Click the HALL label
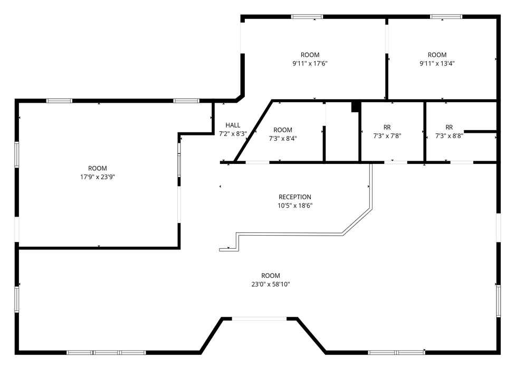point(233,125)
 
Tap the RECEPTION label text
point(295,197)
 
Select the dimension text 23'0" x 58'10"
point(271,284)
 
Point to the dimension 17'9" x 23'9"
point(98,177)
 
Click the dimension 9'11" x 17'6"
point(310,63)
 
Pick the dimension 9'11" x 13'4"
point(437,63)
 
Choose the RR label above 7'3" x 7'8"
point(387,127)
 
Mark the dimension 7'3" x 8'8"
point(450,136)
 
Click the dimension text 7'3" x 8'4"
point(283,139)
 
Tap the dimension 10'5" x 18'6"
point(295,206)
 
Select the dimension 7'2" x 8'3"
point(233,133)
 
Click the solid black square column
point(355,107)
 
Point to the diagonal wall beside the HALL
point(253,131)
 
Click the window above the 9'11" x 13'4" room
point(446,17)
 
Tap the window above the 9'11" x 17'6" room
point(307,17)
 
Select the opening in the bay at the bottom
point(260,318)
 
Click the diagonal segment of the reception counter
point(357,221)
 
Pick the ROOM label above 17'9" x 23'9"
point(98,168)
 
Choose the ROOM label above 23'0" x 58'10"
point(271,276)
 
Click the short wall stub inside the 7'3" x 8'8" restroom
point(480,132)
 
